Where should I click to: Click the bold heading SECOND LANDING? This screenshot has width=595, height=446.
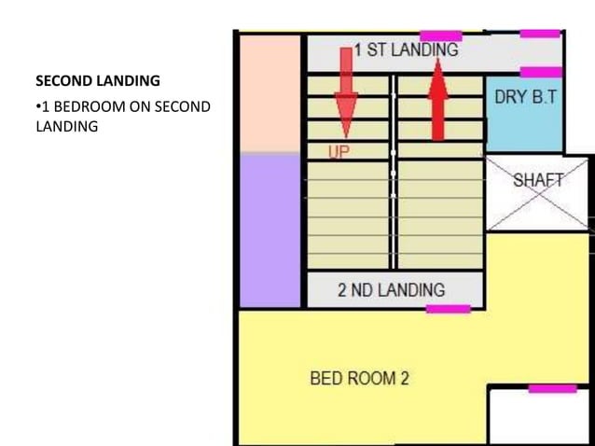97,81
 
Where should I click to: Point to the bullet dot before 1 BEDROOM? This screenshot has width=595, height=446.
37,107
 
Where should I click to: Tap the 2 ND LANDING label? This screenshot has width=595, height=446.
391,289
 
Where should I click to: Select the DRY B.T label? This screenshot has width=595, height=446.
524,96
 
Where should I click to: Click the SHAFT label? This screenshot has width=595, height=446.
538,181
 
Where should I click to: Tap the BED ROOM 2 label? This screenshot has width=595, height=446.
359,378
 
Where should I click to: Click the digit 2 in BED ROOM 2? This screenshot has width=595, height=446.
404,378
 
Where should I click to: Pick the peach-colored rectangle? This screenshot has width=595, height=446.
269,93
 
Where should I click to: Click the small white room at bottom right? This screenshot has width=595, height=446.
538,417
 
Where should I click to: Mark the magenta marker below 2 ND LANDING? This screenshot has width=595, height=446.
449,308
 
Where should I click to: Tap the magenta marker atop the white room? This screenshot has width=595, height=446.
552,388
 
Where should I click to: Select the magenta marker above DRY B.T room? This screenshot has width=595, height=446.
541,72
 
